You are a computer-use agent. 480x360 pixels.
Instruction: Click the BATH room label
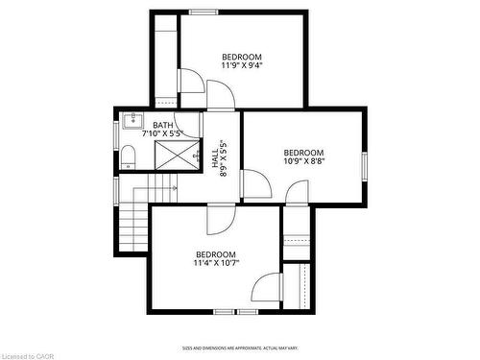163,125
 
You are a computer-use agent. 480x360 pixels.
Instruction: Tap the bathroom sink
132,121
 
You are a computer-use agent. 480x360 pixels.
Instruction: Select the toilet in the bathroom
128,157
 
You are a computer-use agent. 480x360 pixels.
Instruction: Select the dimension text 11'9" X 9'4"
242,66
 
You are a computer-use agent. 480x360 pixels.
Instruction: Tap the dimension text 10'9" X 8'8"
303,163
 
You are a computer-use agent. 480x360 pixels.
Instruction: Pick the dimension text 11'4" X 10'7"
215,263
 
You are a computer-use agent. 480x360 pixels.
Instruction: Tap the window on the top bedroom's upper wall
203,12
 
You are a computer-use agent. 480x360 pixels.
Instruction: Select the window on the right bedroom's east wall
365,165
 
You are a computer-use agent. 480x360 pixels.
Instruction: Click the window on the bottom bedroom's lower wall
236,311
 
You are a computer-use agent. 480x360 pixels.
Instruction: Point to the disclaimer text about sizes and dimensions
240,348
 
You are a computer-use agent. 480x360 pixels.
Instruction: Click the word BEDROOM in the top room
242,56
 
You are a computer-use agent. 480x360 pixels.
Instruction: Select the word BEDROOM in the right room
303,153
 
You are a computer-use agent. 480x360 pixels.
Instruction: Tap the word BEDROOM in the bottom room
216,253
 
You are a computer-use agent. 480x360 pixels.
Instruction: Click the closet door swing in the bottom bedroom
265,287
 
